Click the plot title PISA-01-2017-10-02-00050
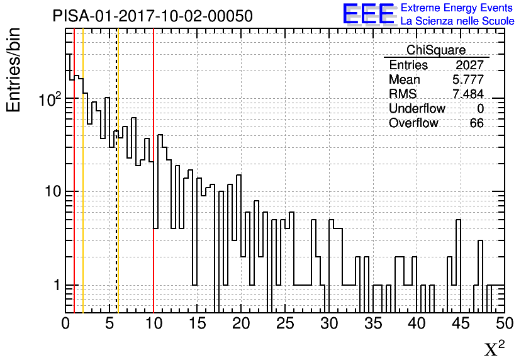pos(153,16)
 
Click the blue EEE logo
pos(369,14)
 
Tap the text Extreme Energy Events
pos(457,8)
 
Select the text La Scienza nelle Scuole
pos(457,21)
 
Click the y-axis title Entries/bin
pos(13,70)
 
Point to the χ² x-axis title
pos(495,348)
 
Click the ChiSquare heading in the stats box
pos(436,50)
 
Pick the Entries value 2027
pos(469,65)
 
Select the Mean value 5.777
pos(468,79)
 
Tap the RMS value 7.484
pos(468,94)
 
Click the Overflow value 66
pos(476,123)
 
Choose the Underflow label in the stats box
pos(417,108)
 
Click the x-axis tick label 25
pos(285,323)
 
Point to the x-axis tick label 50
pos(505,323)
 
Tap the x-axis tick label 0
pos(65,323)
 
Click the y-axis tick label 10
pos(53,191)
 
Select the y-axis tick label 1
pos(57,285)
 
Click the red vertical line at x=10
pos(154,171)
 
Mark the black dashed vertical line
pos(116,171)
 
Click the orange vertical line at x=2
pos(83,171)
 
